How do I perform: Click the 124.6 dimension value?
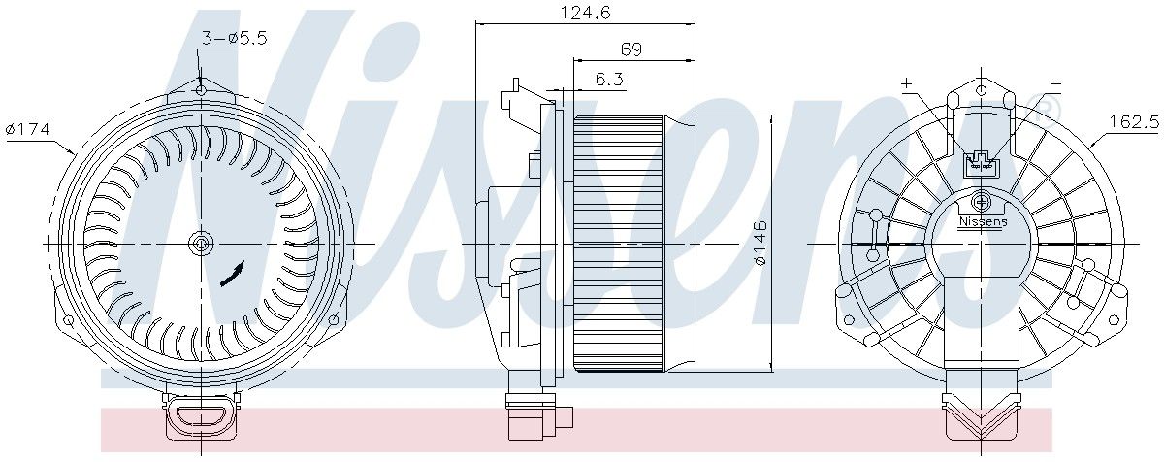click(585, 12)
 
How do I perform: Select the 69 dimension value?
click(631, 49)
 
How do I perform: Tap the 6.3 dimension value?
click(609, 79)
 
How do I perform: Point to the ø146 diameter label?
click(760, 244)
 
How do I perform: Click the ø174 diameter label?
click(28, 128)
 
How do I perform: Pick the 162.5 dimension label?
click(1134, 122)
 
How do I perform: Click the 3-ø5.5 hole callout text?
click(234, 38)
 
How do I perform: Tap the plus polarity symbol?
click(907, 83)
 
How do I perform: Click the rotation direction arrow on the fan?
click(232, 275)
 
